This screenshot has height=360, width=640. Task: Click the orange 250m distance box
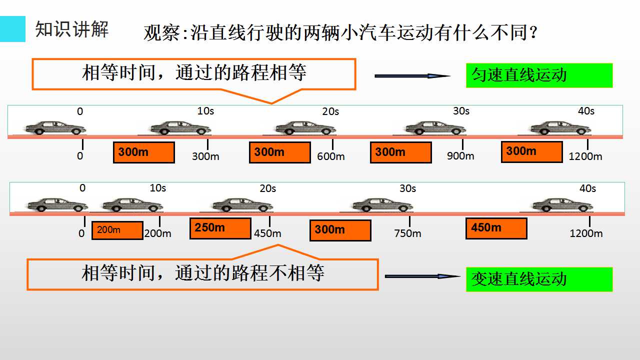[x=220, y=228]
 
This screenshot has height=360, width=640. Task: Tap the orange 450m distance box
[x=496, y=228]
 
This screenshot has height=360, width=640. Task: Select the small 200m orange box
[x=117, y=230]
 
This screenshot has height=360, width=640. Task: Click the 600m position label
[x=331, y=156]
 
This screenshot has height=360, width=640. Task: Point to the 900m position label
[x=460, y=156]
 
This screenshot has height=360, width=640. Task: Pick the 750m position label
[x=407, y=233]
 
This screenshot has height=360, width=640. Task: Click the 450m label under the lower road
[x=267, y=233]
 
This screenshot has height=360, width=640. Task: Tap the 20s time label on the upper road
[x=330, y=111]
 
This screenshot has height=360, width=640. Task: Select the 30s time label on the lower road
[x=407, y=188]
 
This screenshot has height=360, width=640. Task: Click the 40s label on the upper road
[x=586, y=111]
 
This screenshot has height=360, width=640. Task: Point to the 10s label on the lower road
[x=157, y=188]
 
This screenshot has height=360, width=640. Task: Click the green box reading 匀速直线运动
[x=539, y=75]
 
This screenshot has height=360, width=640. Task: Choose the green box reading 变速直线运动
[x=539, y=279]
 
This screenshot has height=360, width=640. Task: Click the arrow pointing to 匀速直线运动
[x=412, y=76]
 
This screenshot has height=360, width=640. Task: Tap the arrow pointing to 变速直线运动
[x=422, y=276]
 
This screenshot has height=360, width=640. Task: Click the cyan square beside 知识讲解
[x=12, y=29]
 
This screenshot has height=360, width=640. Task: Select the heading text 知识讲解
[x=71, y=29]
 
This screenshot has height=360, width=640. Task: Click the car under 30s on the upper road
[x=435, y=127]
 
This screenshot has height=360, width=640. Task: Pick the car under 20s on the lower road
[x=242, y=205]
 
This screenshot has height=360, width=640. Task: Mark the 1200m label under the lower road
[x=586, y=233]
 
